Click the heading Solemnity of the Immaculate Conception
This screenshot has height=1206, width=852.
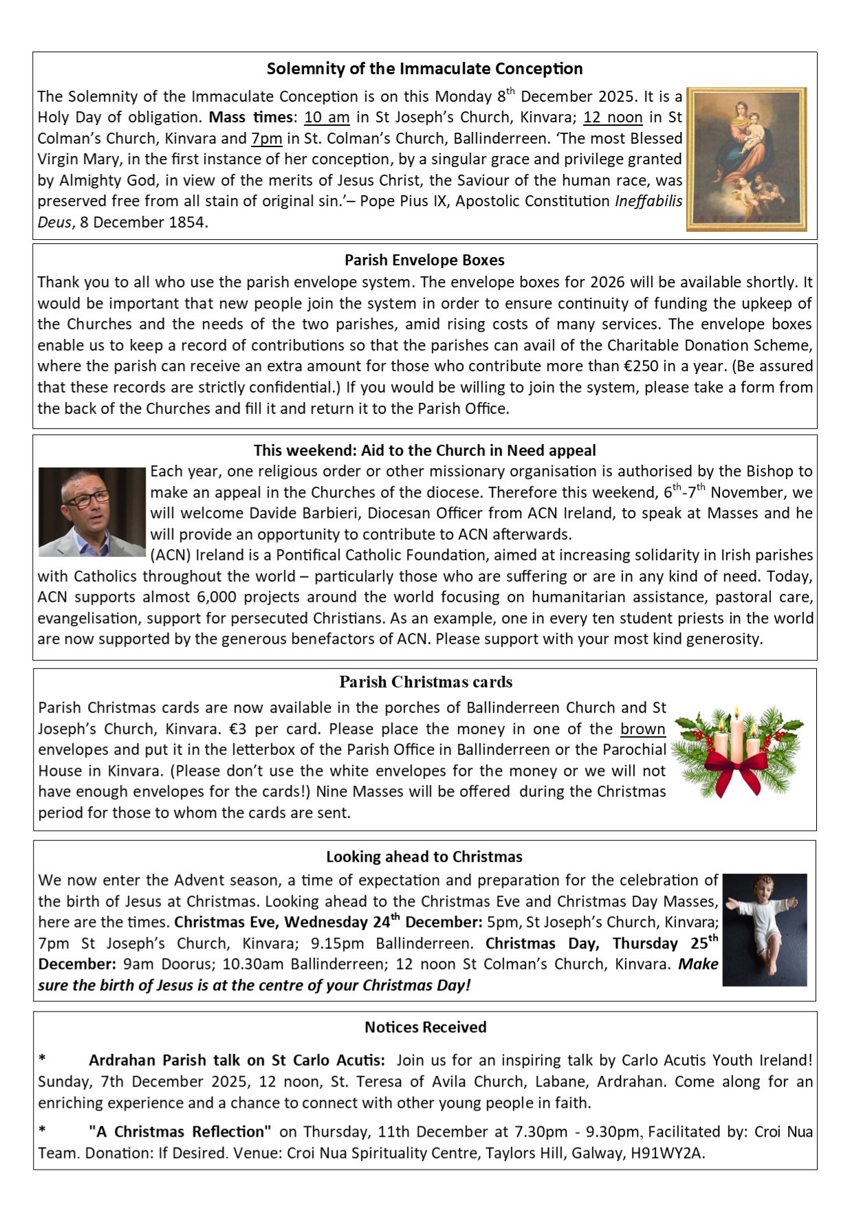(x=424, y=69)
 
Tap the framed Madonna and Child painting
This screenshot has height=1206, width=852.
(x=747, y=159)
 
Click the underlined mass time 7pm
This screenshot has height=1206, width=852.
(x=267, y=138)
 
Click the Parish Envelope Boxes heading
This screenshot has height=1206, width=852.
(x=424, y=260)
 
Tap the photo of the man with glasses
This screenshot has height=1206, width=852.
(x=92, y=512)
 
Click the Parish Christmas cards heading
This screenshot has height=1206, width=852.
(x=426, y=682)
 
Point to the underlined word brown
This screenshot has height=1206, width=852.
(x=643, y=729)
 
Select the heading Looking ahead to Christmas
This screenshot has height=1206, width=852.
(x=424, y=857)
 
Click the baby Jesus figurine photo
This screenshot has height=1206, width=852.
(x=765, y=929)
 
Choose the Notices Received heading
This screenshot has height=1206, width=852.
(x=425, y=1027)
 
